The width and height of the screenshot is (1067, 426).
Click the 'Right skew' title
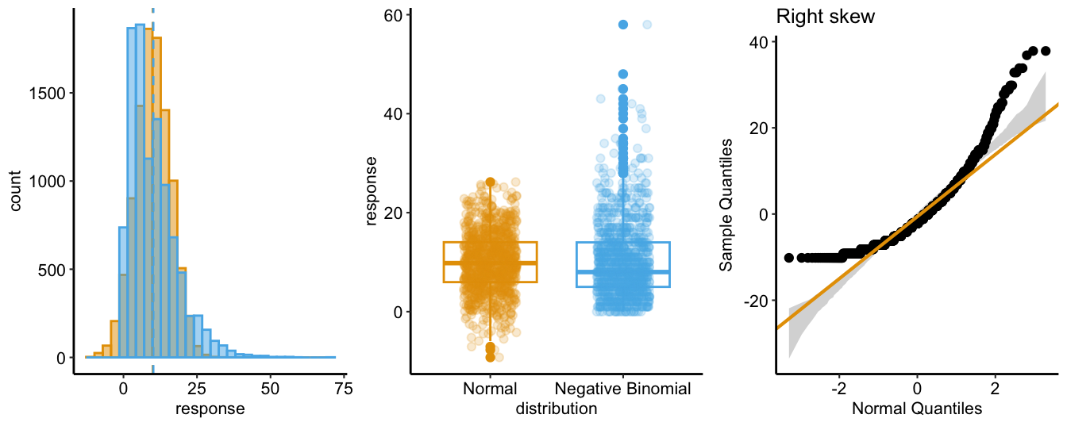826,17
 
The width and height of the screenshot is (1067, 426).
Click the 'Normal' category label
490,389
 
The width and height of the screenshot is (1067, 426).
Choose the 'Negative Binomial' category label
623,389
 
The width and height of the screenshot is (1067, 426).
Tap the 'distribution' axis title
556,409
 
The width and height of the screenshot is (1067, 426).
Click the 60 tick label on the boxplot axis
392,15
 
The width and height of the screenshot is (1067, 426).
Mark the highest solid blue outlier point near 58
623,25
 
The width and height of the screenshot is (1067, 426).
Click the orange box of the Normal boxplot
490,262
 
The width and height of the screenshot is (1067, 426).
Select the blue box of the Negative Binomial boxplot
623,264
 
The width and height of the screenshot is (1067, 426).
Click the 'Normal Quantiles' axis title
917,409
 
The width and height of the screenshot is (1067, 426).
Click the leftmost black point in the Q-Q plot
788,258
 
